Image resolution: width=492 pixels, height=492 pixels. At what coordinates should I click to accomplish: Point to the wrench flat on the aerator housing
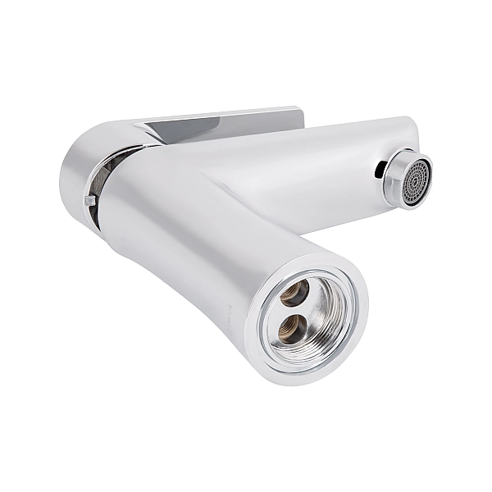point(395,169)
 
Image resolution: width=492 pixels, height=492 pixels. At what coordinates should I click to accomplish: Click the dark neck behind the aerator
point(382,171)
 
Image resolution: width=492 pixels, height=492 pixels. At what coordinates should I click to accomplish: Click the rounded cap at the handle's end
point(76,164)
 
